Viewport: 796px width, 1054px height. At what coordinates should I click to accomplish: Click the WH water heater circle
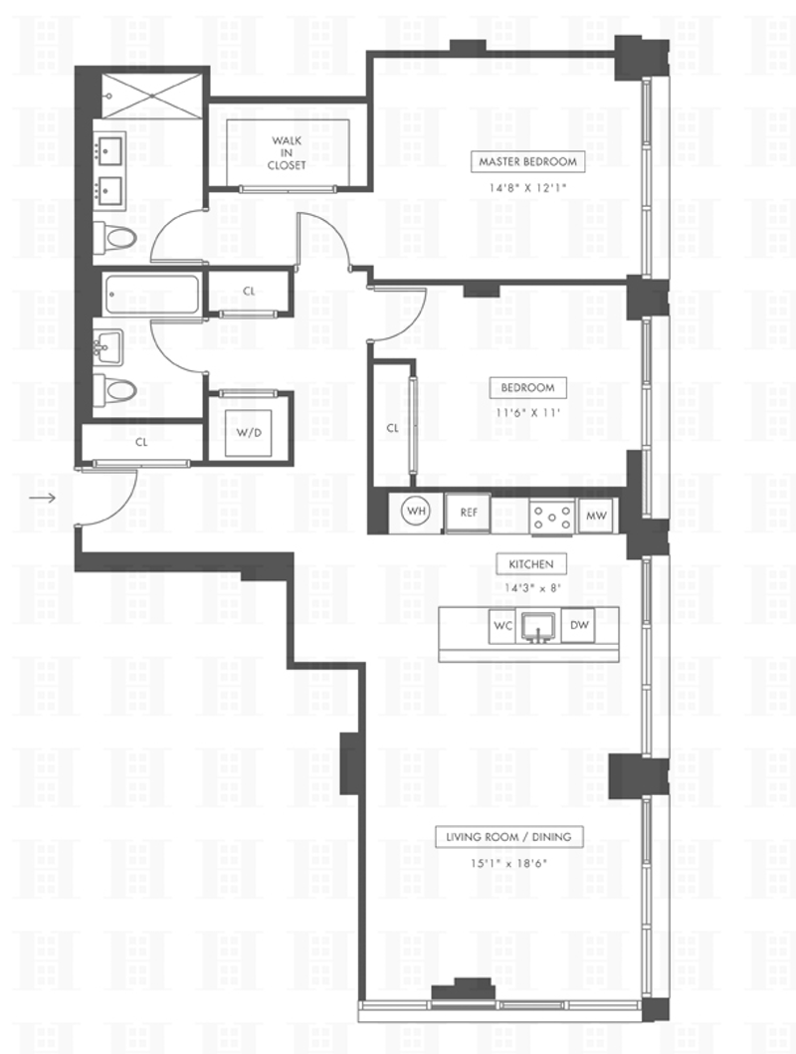(x=416, y=513)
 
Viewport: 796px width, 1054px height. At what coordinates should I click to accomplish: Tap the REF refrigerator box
(x=468, y=514)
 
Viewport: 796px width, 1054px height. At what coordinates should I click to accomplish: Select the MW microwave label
(x=596, y=515)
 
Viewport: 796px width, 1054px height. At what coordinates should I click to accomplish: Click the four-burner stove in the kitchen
(x=551, y=516)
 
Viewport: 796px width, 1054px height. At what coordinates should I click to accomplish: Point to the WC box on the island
(x=502, y=626)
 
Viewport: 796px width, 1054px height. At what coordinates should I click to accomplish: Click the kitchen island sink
(x=539, y=628)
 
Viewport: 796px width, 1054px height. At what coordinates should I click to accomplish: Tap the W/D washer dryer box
(x=246, y=433)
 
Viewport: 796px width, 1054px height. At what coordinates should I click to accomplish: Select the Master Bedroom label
(x=527, y=161)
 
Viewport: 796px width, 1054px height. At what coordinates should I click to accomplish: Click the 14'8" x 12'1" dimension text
(x=527, y=186)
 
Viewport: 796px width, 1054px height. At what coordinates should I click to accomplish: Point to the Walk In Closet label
(x=287, y=152)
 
